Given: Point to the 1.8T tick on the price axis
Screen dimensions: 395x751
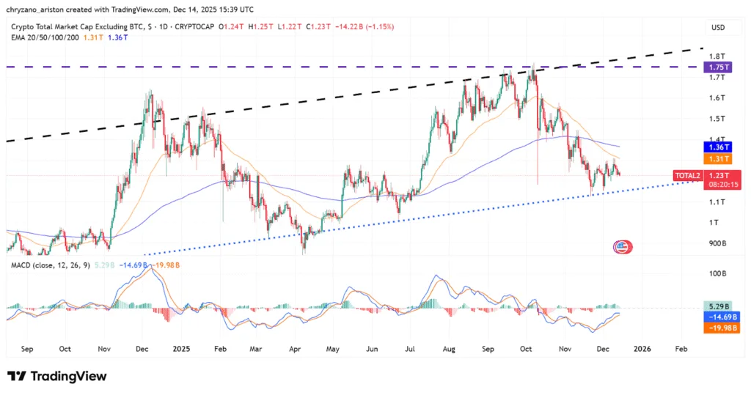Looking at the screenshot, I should coord(717,56).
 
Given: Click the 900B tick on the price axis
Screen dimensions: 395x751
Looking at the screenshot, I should coord(717,243).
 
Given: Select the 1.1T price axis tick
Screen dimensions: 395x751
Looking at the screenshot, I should coord(717,202).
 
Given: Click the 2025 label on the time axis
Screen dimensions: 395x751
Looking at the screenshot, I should coord(181,350).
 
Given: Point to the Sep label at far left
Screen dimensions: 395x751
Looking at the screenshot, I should coord(29,350).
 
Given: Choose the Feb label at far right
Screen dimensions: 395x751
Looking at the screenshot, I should coord(681,350).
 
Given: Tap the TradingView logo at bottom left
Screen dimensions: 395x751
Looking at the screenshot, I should coord(57,376).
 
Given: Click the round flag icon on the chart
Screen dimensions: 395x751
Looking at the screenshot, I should coord(622,248).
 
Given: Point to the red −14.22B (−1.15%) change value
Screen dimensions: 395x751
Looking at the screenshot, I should coord(367,26).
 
